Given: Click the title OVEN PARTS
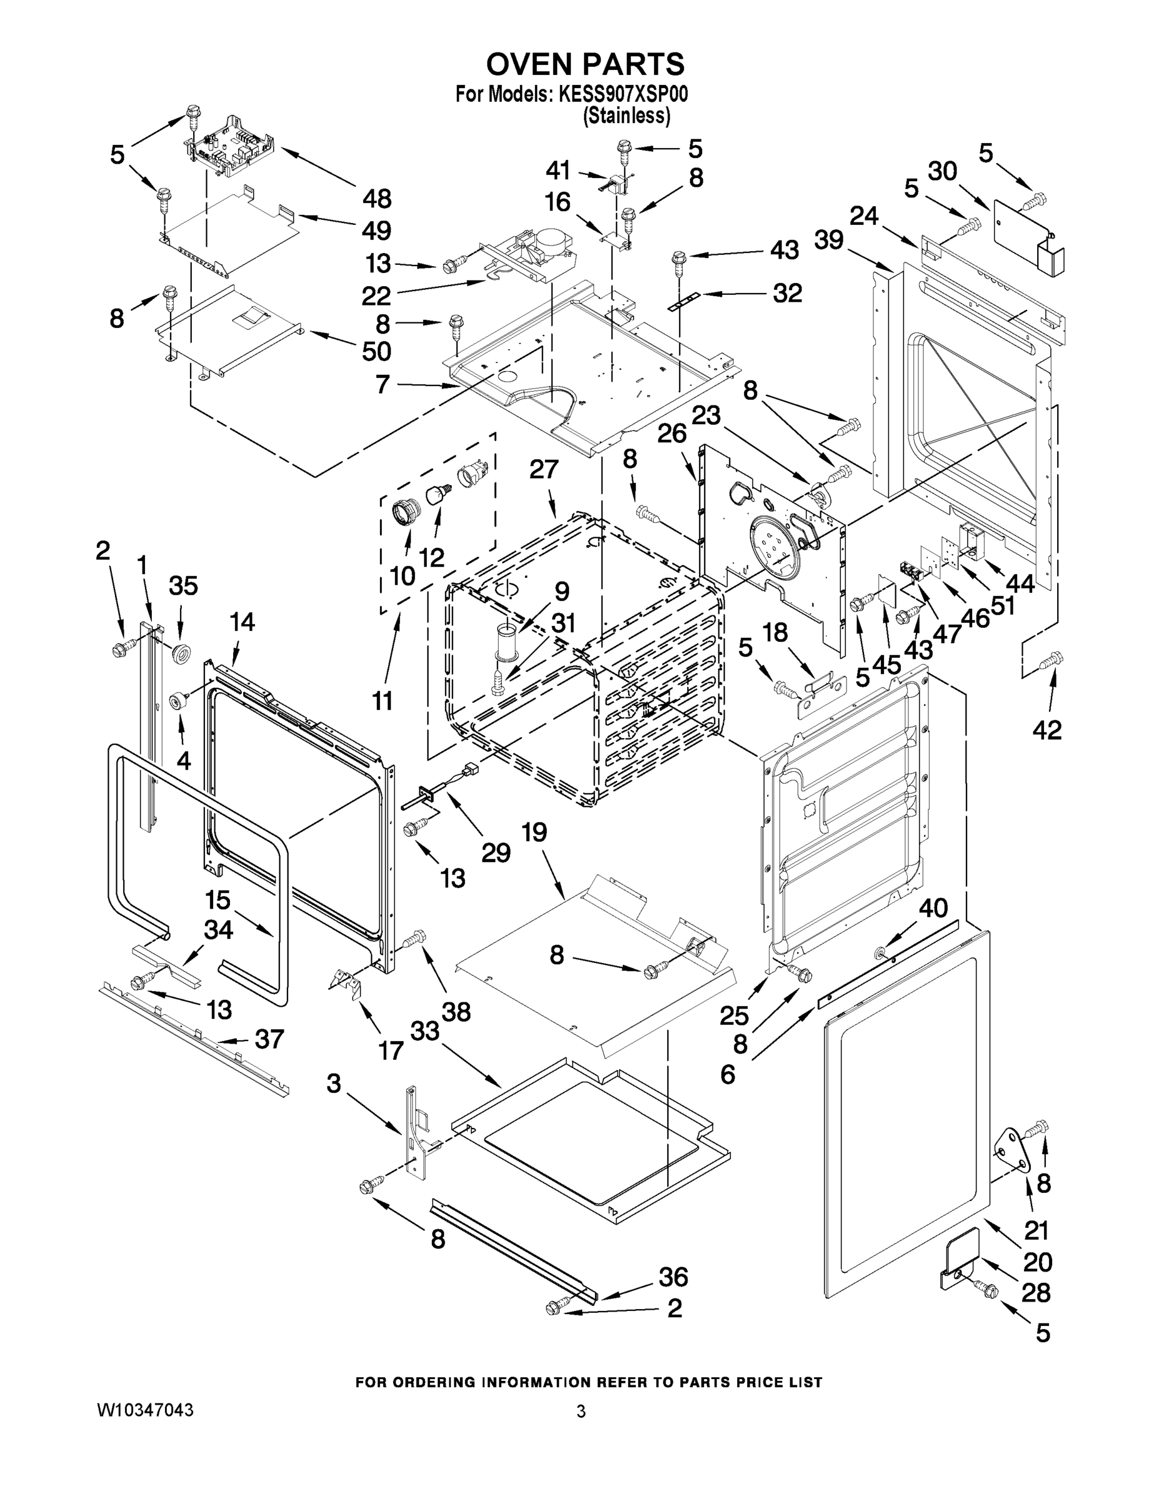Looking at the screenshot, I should coord(585,64).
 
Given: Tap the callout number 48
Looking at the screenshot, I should coord(376,199).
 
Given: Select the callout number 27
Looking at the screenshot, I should coord(544,470).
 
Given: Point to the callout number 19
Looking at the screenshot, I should coord(534,833).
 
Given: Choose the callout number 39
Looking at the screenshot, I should coord(828,240).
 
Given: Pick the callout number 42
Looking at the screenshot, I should coord(1047,730).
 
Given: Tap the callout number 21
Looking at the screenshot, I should coord(1037,1230).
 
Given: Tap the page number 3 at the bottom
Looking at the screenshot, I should coord(581,1411).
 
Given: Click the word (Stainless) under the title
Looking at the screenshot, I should coord(626,117).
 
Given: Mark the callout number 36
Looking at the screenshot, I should coord(673,1277).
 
